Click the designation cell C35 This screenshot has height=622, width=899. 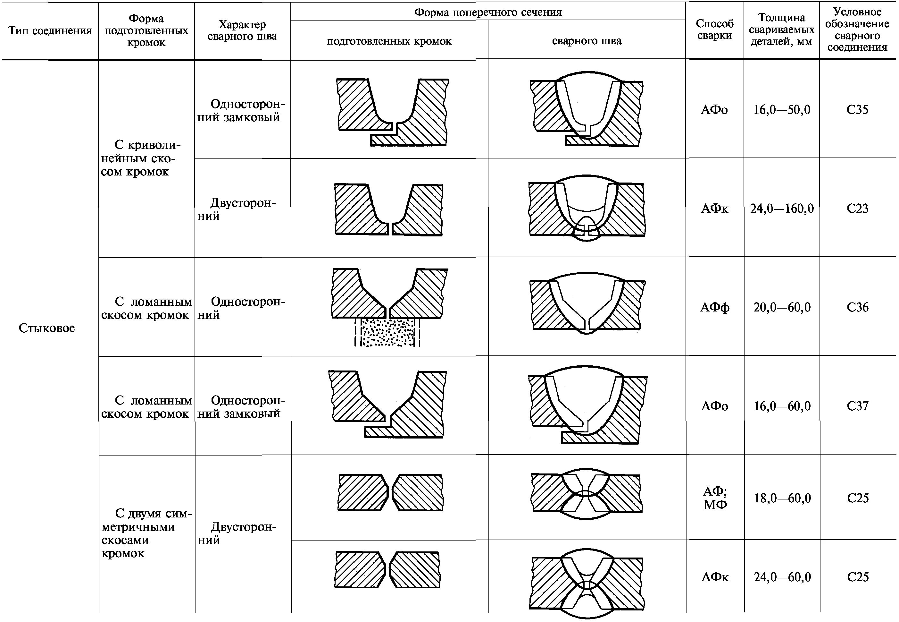857,109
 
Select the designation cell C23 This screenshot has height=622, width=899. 857,209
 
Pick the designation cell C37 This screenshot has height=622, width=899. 857,406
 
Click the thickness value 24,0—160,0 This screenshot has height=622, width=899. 782,209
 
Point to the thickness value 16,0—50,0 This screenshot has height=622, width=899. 782,109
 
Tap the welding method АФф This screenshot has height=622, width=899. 714,308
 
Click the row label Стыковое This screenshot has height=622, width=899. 47,328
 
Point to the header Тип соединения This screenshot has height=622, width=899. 50,30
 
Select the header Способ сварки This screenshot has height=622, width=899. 714,29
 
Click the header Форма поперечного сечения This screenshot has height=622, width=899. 487,12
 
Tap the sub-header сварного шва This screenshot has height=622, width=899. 587,41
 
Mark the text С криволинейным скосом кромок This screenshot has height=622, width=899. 141,158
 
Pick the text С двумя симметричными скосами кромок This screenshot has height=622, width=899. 146,533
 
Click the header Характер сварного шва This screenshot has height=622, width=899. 242,30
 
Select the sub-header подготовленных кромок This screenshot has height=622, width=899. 389,41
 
